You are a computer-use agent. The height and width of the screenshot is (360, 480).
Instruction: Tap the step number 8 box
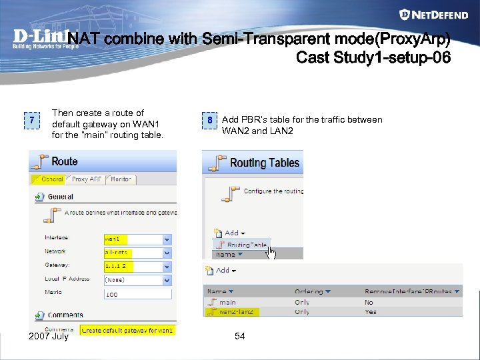[209, 121]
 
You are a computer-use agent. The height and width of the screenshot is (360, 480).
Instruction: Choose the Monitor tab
[120, 179]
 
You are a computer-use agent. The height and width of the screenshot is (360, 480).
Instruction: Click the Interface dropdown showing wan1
[137, 239]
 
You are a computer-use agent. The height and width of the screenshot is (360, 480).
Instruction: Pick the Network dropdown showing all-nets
[137, 253]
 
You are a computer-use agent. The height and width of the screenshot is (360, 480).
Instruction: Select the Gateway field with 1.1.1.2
[137, 266]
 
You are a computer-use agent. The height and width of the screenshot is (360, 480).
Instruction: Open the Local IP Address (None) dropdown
[137, 280]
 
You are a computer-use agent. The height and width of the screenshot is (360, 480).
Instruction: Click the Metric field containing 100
[137, 294]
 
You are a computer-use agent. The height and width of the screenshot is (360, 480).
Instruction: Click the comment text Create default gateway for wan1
[128, 330]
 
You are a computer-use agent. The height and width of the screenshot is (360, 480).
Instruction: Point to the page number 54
[240, 337]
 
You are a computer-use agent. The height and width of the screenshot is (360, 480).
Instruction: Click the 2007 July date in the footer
[49, 337]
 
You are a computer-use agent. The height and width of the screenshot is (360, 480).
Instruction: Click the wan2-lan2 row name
[236, 311]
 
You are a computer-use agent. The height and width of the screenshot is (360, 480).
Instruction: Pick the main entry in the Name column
[227, 302]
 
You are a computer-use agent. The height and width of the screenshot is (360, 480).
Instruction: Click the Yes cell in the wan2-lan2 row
[371, 311]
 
